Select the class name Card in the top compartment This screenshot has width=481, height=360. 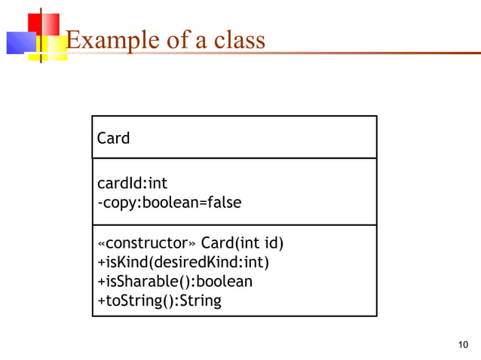113,138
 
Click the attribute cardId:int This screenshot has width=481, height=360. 132,184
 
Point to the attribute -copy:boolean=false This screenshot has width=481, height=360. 170,203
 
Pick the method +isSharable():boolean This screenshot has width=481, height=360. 175,282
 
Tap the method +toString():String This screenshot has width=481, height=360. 159,301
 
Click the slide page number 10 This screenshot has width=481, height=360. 463,345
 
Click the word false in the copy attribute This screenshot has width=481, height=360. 223,203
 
